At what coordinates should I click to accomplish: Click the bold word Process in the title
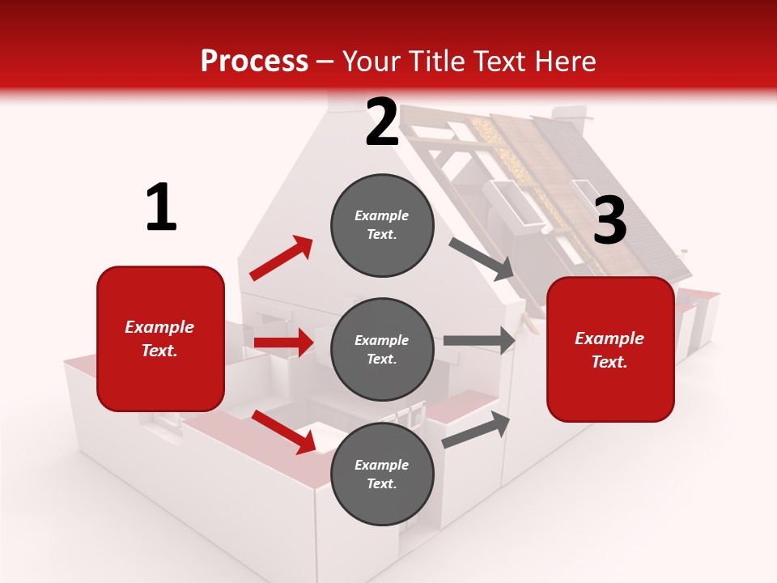click(254, 62)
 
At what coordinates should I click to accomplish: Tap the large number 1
click(161, 207)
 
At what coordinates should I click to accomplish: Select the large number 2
click(382, 121)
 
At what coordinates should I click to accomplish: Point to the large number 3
click(609, 220)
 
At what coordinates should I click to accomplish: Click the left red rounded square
click(160, 338)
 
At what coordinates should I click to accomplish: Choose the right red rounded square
click(610, 350)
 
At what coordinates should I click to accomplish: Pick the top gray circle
click(382, 225)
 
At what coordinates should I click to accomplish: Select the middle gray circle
click(382, 350)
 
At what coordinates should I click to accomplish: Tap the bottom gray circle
click(382, 474)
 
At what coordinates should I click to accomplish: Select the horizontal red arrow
click(283, 343)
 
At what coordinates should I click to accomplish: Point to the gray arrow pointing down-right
click(482, 258)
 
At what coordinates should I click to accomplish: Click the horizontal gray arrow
click(479, 340)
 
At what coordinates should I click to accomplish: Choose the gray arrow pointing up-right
click(477, 430)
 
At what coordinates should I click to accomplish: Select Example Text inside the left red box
click(160, 338)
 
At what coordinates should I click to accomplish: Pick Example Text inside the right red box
click(610, 350)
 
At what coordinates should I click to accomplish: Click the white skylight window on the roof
click(516, 201)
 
